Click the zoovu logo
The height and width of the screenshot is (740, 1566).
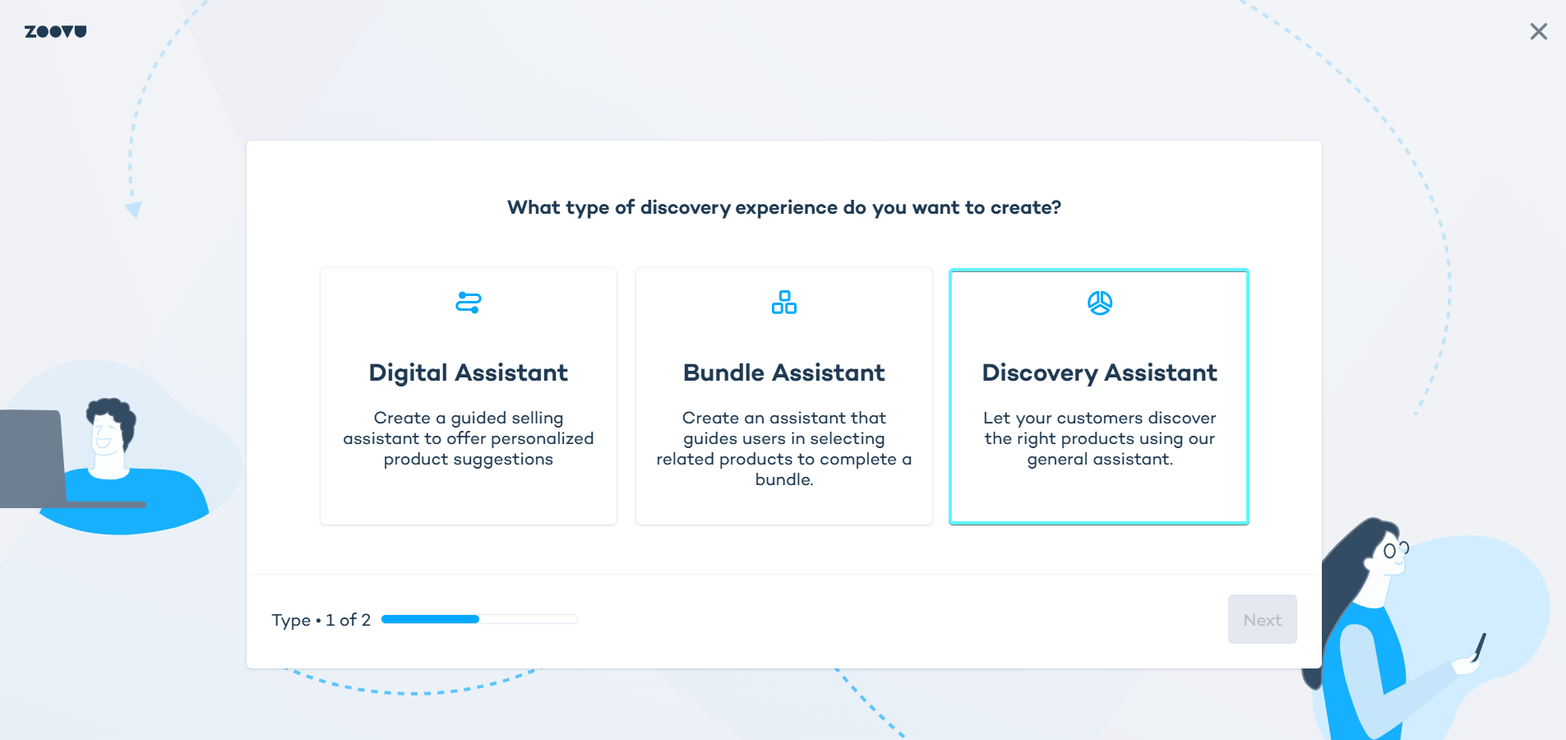pyautogui.click(x=55, y=31)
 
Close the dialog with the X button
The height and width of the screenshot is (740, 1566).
pyautogui.click(x=1538, y=31)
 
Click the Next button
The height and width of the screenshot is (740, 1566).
pyautogui.click(x=1262, y=620)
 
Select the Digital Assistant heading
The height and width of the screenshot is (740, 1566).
pyautogui.click(x=468, y=373)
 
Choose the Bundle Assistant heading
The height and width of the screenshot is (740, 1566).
pyautogui.click(x=783, y=373)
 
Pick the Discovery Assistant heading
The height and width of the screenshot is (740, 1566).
pyautogui.click(x=1099, y=373)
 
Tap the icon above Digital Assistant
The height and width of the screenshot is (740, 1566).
pyautogui.click(x=468, y=303)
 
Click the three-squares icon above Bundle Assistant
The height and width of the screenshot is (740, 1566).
pyautogui.click(x=783, y=303)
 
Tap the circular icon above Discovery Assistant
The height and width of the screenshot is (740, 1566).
pyautogui.click(x=1099, y=303)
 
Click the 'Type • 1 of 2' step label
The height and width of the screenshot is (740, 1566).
pyautogui.click(x=321, y=620)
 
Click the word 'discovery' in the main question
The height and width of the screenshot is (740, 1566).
pyautogui.click(x=685, y=207)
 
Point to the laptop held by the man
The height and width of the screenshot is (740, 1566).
pyautogui.click(x=33, y=457)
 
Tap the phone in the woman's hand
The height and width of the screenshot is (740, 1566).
pyautogui.click(x=1480, y=646)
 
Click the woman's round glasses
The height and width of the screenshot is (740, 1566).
pyautogui.click(x=1394, y=550)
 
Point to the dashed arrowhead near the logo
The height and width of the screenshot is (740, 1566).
pyautogui.click(x=133, y=210)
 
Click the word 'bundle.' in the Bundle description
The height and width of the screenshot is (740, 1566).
pyautogui.click(x=783, y=479)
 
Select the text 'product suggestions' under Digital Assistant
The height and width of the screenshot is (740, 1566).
pyautogui.click(x=468, y=459)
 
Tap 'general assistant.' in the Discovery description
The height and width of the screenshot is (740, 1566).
pyautogui.click(x=1099, y=459)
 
